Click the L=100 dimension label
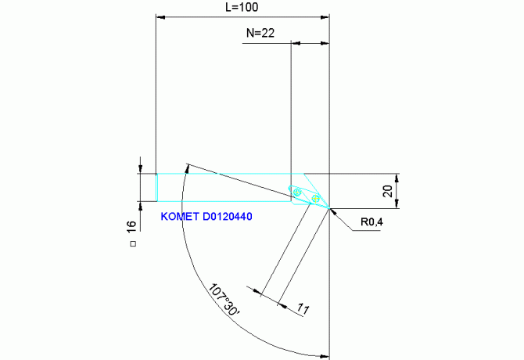click(242, 7)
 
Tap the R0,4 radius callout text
click(372, 222)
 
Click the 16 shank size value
click(131, 225)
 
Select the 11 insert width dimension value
click(302, 308)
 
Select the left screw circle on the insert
click(296, 189)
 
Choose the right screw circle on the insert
click(315, 199)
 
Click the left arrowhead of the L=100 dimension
click(160, 16)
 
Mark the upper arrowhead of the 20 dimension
click(399, 177)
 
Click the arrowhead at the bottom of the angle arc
click(325, 354)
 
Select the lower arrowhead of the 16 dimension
click(140, 205)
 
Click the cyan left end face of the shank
click(156, 187)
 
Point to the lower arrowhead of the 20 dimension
click(399, 205)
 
